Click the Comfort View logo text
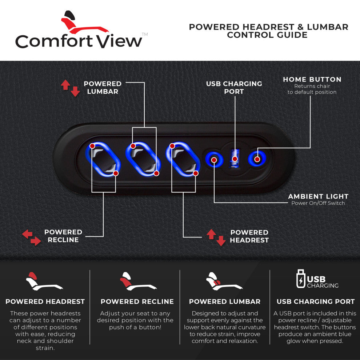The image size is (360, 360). [79, 41]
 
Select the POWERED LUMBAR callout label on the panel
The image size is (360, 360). [103, 88]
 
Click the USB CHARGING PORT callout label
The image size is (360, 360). [234, 88]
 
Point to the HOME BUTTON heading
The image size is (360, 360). [312, 79]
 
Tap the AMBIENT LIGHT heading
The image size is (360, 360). [318, 196]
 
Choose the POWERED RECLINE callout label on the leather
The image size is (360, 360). [63, 236]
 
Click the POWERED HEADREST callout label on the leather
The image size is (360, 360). [249, 236]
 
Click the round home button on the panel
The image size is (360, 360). [257, 159]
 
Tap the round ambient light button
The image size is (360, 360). [214, 159]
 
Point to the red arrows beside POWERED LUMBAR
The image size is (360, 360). [70, 88]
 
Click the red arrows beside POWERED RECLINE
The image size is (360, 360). [31, 237]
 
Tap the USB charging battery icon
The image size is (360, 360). [300, 279]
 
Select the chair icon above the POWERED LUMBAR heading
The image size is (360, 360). [224, 281]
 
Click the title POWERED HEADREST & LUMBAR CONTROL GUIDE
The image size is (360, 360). [268, 31]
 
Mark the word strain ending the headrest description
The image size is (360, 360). [45, 348]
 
